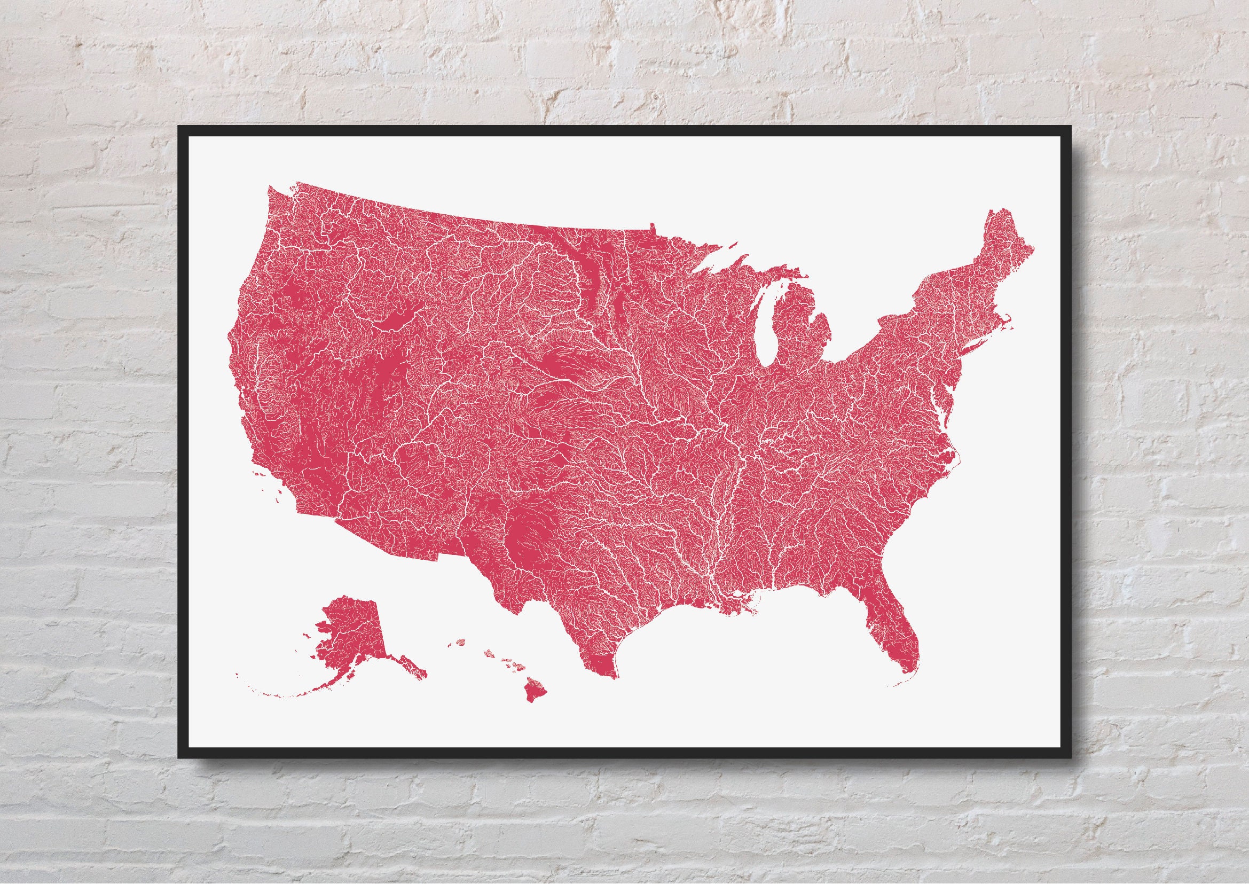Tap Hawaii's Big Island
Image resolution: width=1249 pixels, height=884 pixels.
(x=535, y=692)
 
